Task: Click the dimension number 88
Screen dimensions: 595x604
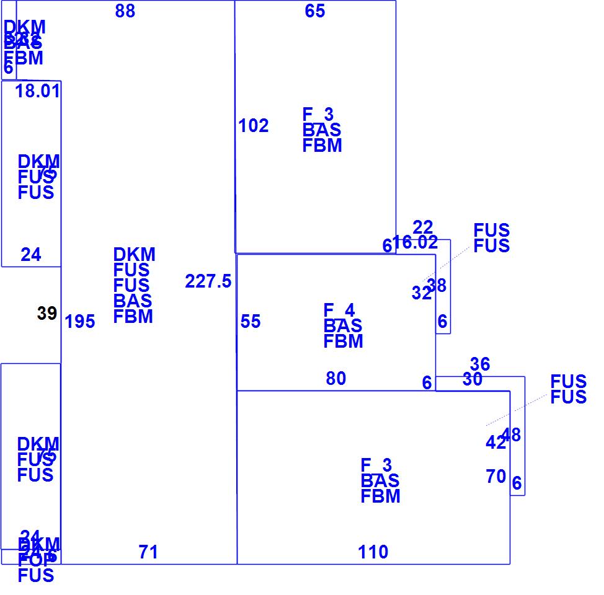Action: point(125,11)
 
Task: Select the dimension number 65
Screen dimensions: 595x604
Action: point(315,11)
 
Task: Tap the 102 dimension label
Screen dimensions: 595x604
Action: point(254,126)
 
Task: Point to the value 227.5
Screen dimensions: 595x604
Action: point(208,281)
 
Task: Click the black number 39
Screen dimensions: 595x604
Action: point(47,314)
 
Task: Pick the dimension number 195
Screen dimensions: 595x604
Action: point(80,322)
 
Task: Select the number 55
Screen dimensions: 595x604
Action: point(251,322)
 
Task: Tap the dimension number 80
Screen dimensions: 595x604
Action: point(336,378)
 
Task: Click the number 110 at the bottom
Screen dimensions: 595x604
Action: point(373,552)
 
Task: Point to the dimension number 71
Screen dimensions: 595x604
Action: point(148,552)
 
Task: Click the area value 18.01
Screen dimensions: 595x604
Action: point(38,91)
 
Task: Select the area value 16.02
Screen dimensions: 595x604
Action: point(416,242)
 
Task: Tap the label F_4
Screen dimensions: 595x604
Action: point(337,310)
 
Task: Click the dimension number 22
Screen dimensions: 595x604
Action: point(423,227)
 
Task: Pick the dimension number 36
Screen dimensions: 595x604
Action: point(480,364)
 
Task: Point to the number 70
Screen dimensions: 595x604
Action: point(496,476)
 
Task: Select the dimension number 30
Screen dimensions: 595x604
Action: point(473,379)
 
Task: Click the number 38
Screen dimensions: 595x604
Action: point(437,286)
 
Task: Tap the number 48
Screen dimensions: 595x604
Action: point(512,434)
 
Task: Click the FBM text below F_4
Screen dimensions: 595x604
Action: point(344,341)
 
